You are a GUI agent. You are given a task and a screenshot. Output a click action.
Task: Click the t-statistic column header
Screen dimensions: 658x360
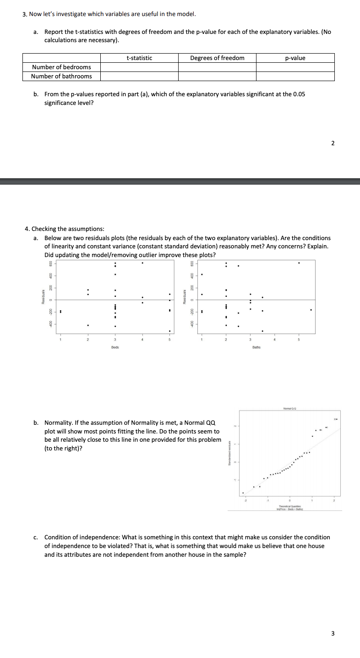[x=139, y=58]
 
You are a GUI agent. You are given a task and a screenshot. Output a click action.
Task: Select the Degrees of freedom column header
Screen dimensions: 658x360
[x=217, y=58]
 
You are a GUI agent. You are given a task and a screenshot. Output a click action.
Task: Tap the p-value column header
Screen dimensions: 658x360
[x=295, y=58]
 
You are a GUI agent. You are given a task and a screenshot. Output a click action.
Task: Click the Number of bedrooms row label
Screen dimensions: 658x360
[x=61, y=67]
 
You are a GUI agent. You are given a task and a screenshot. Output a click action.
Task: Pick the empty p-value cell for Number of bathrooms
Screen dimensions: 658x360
[x=295, y=76]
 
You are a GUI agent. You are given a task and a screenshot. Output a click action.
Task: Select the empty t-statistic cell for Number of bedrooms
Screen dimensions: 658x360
[x=139, y=67]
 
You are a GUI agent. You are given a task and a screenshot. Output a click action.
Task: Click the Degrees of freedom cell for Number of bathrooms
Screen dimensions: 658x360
[x=217, y=76]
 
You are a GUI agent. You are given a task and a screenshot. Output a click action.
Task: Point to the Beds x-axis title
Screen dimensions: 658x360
[x=115, y=347]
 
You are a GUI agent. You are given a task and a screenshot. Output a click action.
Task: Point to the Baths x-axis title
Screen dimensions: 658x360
[x=256, y=347]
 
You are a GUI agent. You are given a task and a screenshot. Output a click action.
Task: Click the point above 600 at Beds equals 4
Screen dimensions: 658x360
[x=142, y=263]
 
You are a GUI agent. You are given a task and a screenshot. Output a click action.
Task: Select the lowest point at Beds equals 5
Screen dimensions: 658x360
[x=169, y=331]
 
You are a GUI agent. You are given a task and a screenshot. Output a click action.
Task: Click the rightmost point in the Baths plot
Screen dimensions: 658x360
[x=311, y=310]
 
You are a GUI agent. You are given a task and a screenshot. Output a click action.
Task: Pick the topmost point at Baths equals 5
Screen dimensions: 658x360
[x=299, y=263]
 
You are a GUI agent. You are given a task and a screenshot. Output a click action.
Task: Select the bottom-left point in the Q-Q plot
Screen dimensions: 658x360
[x=243, y=493]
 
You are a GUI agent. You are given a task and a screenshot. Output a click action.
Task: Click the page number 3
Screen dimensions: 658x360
[x=333, y=634]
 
